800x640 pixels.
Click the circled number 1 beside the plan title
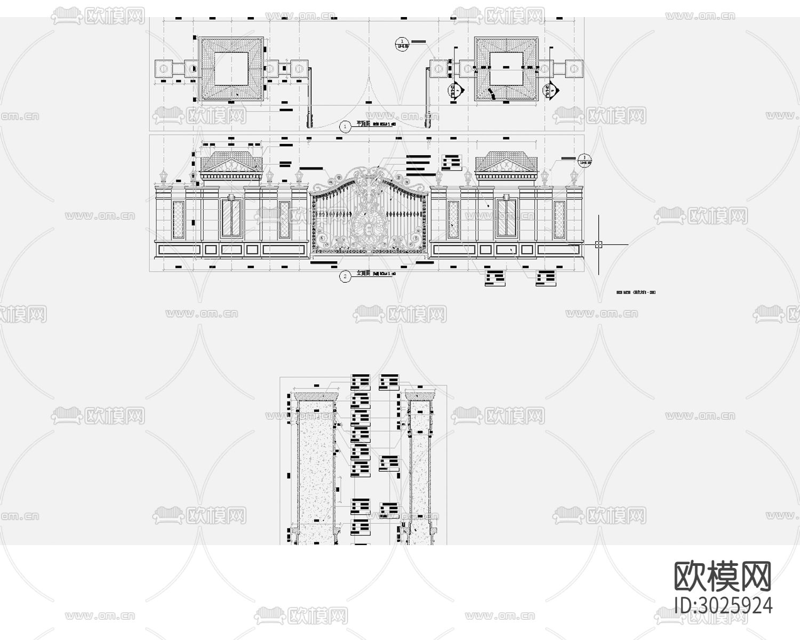tap(346, 126)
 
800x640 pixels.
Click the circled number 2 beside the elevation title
tap(346, 276)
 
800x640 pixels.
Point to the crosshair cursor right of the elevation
tap(598, 244)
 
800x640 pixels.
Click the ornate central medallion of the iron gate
tap(369, 227)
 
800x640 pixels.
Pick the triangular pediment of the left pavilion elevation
tap(231, 165)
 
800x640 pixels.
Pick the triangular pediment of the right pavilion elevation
tap(505, 165)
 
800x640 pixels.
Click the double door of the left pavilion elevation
tap(230, 218)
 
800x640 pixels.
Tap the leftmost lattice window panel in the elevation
tap(178, 219)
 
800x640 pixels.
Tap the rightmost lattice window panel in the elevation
tap(559, 219)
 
